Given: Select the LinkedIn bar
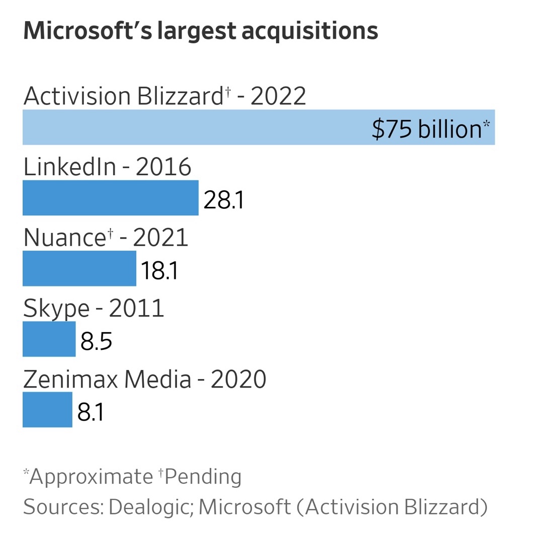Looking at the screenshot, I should pos(110,198).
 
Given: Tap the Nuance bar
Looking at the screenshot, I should pos(79,268).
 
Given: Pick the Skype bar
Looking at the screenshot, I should pos(49,339).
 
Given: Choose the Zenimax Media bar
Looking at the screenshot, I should pos(47,410).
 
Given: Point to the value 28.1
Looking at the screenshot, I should pos(224,200).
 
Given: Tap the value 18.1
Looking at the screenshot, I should pos(160,271).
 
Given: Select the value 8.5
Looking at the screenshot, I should pos(96,341).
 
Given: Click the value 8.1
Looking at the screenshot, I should pos(91,412).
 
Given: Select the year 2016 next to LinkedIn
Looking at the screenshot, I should pos(163,167).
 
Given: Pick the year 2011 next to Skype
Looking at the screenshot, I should pos(137,308).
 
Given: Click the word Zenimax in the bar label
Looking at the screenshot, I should pos(70,379).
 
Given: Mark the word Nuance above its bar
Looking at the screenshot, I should pos(64,238).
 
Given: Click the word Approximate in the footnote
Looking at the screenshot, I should pos(90,476).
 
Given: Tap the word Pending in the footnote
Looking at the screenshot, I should pos(202,476).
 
